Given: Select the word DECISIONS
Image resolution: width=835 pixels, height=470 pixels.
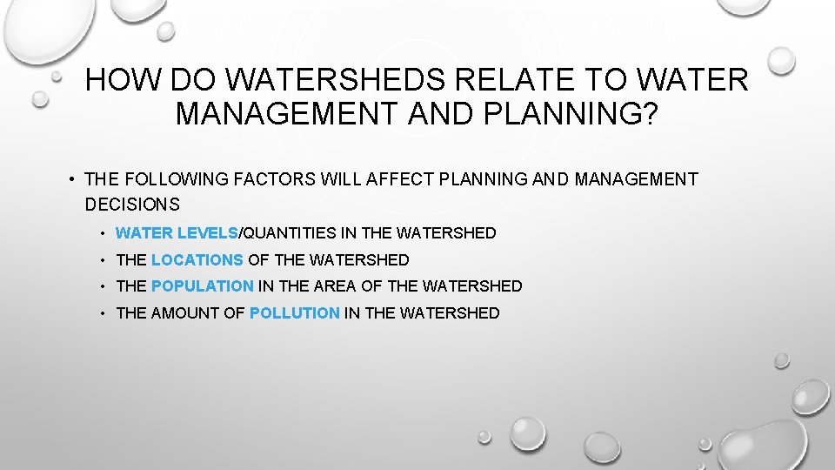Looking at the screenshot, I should tap(132, 205).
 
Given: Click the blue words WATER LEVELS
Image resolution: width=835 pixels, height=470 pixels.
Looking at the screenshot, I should tap(177, 233).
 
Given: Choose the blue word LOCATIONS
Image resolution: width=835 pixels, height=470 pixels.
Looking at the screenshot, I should tap(197, 259).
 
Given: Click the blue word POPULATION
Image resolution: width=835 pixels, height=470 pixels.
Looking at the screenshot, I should tap(203, 285).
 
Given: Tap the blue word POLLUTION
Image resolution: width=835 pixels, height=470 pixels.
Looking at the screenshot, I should tap(295, 312).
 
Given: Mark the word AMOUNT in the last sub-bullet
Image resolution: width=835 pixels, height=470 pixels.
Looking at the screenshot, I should tap(185, 312).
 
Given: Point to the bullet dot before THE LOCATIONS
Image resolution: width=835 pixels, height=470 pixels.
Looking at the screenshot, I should tap(103, 259).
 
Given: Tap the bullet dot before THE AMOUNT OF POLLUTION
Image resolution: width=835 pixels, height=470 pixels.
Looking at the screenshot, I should tap(103, 312).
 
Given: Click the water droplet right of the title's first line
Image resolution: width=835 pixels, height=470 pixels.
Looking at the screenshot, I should tap(781, 60).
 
